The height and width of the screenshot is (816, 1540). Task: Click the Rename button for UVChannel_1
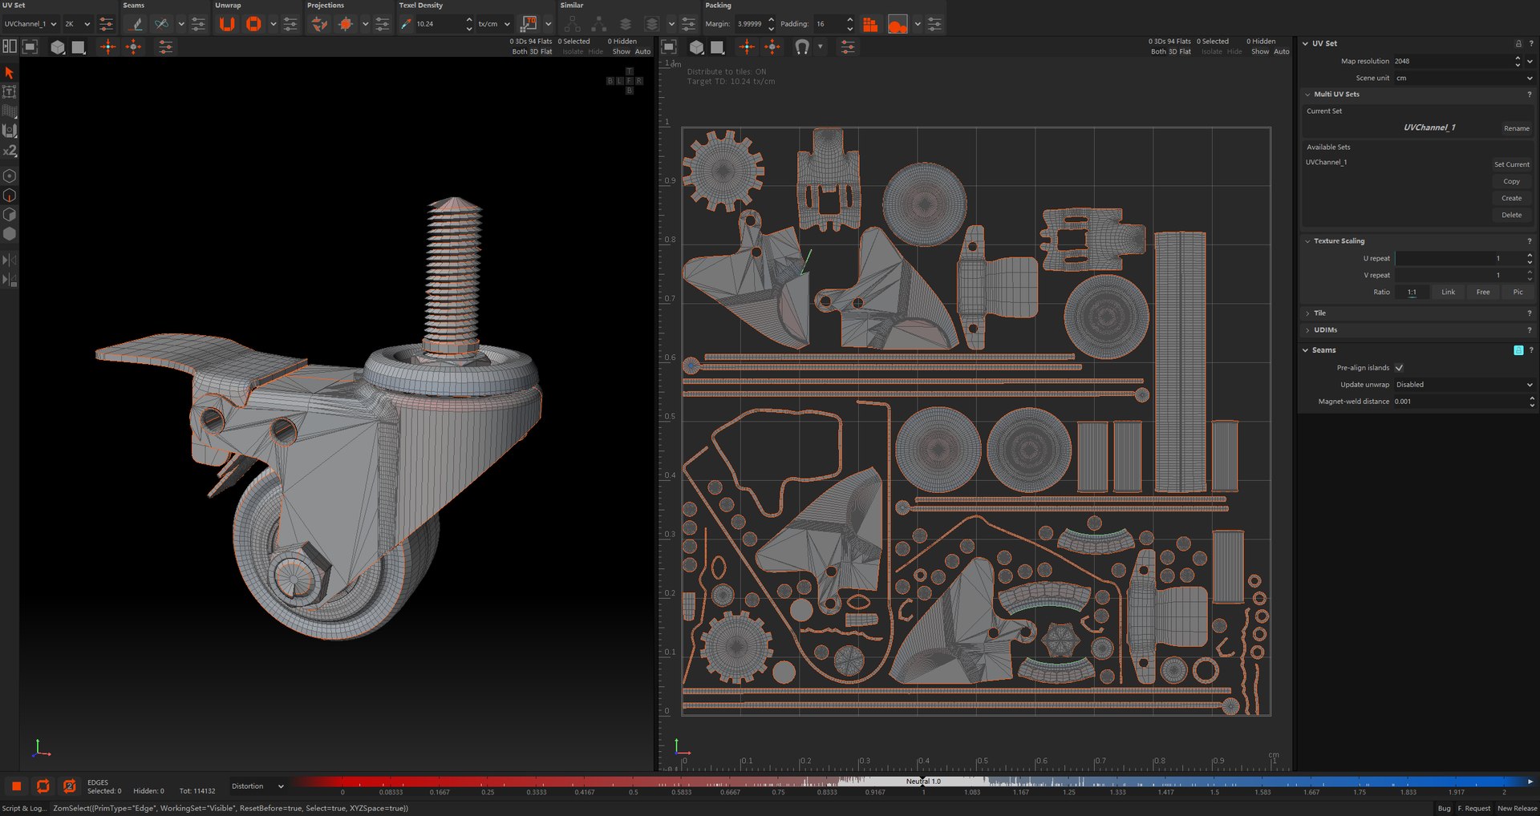click(1516, 128)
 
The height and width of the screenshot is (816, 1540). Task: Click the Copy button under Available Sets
click(1511, 181)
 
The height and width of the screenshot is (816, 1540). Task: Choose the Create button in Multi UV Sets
click(1511, 198)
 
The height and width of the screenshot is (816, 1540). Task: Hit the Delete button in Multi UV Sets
click(1511, 215)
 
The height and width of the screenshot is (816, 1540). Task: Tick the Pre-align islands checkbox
click(1399, 368)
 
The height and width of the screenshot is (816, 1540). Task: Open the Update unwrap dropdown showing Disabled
click(1463, 385)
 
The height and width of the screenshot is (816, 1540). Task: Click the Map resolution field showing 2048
click(1452, 61)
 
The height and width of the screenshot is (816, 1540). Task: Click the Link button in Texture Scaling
click(1448, 293)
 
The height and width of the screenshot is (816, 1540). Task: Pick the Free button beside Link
click(1483, 293)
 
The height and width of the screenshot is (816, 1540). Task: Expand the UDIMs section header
click(1325, 330)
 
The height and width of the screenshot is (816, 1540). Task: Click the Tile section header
click(1319, 313)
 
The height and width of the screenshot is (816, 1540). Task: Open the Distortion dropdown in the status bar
click(257, 786)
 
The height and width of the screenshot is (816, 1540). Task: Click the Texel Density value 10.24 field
click(438, 24)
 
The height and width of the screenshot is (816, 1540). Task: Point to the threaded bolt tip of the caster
click(454, 204)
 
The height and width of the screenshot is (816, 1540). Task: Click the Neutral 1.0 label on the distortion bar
click(923, 781)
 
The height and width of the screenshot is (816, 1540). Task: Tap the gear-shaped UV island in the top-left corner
click(722, 170)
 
